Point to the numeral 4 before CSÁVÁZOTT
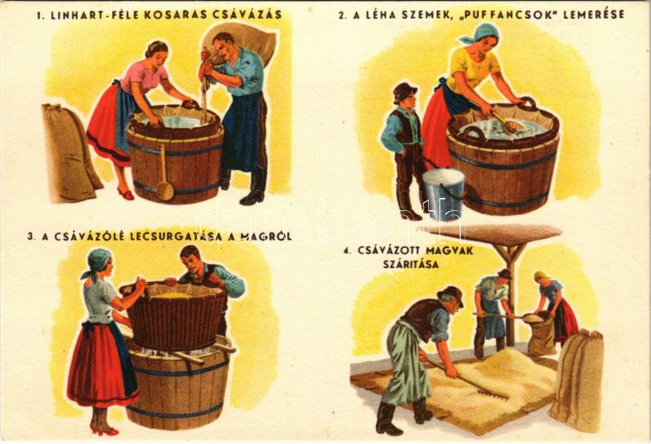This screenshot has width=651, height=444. pos(345,251)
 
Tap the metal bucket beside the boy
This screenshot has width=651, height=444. pos(443,192)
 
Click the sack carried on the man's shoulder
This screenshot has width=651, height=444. pos(245,42)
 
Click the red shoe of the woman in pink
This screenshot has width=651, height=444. pos(126,194)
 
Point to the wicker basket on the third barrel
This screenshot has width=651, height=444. pos(174,314)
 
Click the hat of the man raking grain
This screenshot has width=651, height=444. pos(452,294)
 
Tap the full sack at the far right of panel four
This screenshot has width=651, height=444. pos(577,380)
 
